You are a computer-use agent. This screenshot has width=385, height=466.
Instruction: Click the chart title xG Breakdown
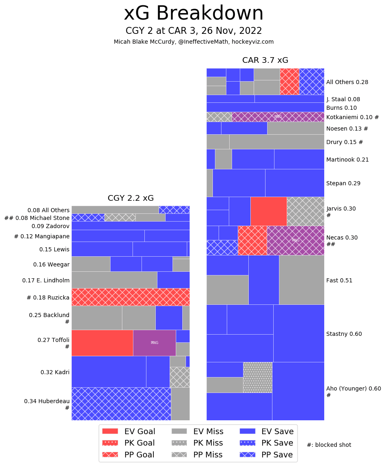point(194,13)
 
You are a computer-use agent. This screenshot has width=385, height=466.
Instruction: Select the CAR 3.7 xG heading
point(265,60)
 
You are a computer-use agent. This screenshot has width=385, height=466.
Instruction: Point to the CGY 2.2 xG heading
point(131,198)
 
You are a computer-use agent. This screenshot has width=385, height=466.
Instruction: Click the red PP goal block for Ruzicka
point(131,297)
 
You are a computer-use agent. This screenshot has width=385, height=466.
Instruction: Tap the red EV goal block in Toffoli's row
point(102,343)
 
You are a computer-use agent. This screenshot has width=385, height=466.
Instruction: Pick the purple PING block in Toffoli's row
point(154,343)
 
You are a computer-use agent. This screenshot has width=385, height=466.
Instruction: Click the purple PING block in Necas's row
point(295,240)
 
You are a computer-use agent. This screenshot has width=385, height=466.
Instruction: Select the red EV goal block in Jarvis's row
point(268,211)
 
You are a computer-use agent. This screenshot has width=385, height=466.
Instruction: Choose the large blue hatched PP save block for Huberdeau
point(121,404)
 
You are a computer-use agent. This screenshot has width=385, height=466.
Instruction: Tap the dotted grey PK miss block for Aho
point(257,377)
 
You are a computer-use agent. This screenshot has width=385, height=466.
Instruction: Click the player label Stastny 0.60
point(344,334)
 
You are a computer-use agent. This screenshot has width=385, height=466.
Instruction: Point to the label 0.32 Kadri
point(55,372)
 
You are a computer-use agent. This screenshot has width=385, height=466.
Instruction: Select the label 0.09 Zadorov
point(51,226)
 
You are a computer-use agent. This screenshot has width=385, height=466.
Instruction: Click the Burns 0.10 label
point(341,108)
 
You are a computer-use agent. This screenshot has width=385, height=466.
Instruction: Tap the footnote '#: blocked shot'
point(329,445)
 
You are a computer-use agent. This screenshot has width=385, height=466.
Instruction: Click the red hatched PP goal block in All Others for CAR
point(289,82)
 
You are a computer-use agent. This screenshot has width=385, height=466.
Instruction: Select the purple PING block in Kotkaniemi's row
point(278,117)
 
